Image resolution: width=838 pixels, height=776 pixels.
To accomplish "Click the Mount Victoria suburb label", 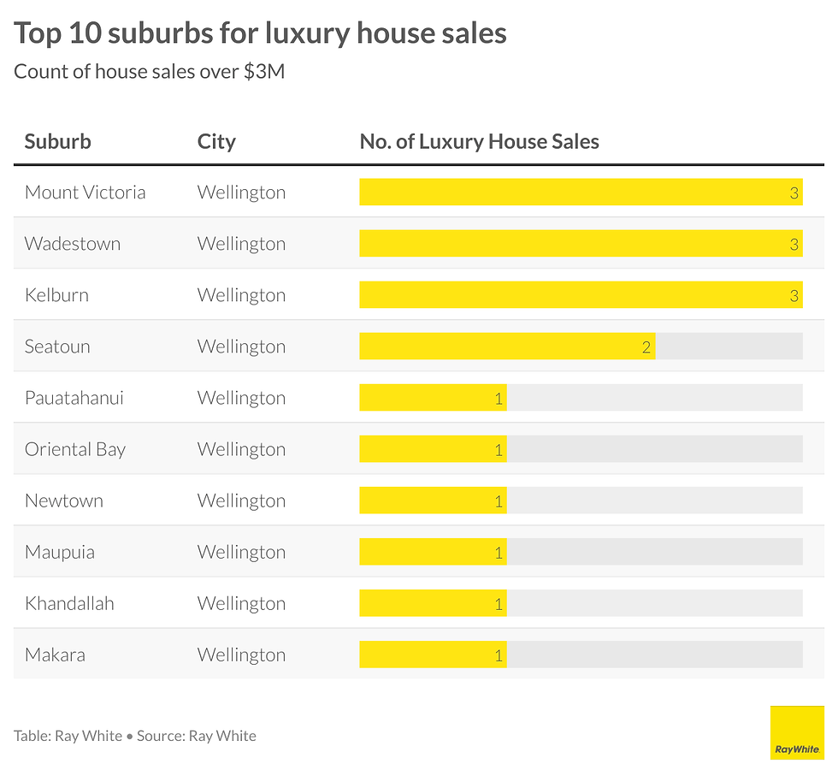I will pyautogui.click(x=85, y=193).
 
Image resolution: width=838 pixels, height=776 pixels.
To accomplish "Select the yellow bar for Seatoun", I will pyautogui.click(x=506, y=347).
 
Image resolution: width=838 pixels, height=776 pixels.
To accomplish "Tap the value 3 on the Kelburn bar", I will pyautogui.click(x=794, y=295).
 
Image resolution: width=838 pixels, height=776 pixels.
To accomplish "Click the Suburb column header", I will pyautogui.click(x=57, y=141).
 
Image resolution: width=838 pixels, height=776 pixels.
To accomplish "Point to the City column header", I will pyautogui.click(x=216, y=141).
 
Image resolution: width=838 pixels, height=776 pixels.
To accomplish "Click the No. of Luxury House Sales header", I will pyautogui.click(x=479, y=141).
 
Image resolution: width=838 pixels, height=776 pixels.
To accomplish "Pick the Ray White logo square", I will pyautogui.click(x=796, y=732).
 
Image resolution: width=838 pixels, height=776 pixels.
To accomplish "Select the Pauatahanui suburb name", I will pyautogui.click(x=74, y=398).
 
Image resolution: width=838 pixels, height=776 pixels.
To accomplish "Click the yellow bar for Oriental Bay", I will pyautogui.click(x=432, y=449).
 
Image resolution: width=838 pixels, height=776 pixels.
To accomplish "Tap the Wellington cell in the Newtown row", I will pyautogui.click(x=241, y=501).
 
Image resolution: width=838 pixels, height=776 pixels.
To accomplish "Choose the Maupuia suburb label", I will pyautogui.click(x=59, y=552).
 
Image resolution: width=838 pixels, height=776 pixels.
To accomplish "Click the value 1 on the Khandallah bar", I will pyautogui.click(x=499, y=603).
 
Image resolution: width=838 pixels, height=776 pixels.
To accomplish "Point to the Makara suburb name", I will pyautogui.click(x=55, y=655).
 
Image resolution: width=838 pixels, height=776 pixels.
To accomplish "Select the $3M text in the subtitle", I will pyautogui.click(x=264, y=72).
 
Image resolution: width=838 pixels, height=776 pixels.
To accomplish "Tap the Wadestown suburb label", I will pyautogui.click(x=73, y=244).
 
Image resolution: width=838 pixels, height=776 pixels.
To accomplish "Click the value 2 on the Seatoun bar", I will pyautogui.click(x=646, y=347).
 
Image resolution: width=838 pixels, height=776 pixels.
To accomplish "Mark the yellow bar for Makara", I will pyautogui.click(x=432, y=655).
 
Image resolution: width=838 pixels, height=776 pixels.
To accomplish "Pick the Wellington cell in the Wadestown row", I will pyautogui.click(x=241, y=244).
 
